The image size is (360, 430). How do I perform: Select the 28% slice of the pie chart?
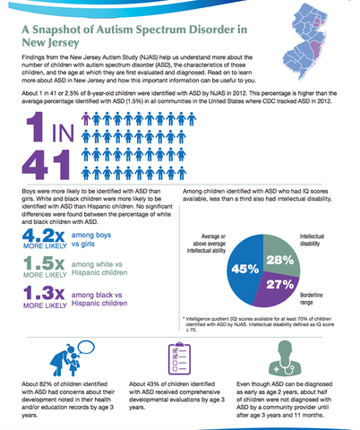click(x=279, y=259)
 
